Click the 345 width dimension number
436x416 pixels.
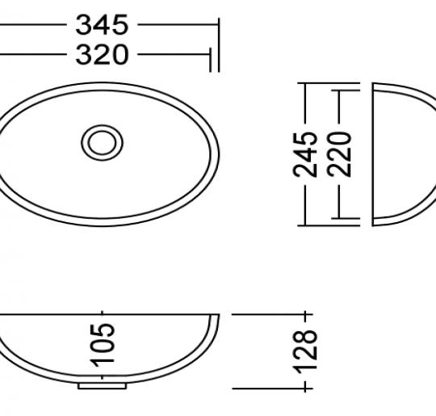coord(102,25)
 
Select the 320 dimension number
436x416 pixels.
coord(102,55)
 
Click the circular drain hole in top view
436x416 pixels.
coord(103,142)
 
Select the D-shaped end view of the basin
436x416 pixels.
coord(400,153)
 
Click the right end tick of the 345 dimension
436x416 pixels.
coord(219,25)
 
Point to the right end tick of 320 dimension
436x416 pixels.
coord(212,55)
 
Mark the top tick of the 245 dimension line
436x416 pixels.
coord(306,82)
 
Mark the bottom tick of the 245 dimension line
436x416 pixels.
coord(306,224)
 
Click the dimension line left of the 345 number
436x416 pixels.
coord(32,25)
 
